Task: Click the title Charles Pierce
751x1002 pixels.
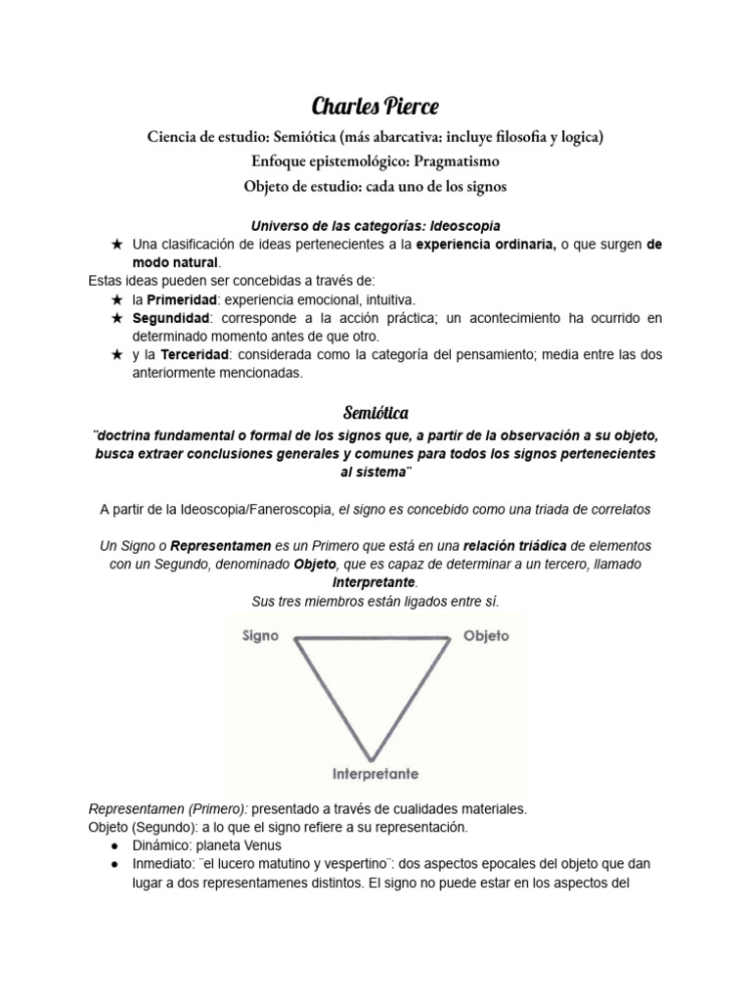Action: [x=375, y=105]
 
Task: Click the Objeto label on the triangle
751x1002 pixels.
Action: [x=485, y=635]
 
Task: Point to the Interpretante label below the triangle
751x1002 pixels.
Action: [x=375, y=773]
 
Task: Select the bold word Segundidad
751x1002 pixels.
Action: [x=170, y=318]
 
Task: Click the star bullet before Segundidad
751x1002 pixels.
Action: [x=117, y=318]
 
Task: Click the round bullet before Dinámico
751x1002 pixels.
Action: [x=115, y=845]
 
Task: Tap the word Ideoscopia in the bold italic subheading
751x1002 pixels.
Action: [x=465, y=226]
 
